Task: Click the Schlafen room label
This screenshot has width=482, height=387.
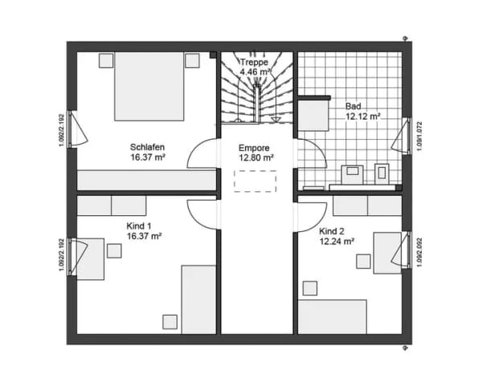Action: (147, 147)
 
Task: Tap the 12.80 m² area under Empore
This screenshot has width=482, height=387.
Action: (256, 158)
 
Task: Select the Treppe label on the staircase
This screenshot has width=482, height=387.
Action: (254, 62)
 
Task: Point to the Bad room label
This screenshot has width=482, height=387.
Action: (353, 106)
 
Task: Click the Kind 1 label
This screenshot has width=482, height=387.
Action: (139, 226)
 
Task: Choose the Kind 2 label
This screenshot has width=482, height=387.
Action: (331, 231)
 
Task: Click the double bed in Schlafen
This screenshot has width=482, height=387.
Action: (149, 86)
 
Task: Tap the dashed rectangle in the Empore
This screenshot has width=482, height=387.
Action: (255, 181)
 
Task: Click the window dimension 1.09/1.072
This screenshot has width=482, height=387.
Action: (419, 136)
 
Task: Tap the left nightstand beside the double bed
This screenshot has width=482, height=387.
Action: (106, 60)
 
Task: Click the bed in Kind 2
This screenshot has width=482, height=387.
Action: (333, 316)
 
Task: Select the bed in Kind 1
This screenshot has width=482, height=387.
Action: (199, 299)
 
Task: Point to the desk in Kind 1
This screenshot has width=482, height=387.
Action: (90, 259)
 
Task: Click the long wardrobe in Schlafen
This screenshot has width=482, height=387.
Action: (147, 181)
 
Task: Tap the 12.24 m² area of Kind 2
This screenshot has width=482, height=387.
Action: (337, 242)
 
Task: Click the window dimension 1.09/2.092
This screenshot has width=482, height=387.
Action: (419, 253)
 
